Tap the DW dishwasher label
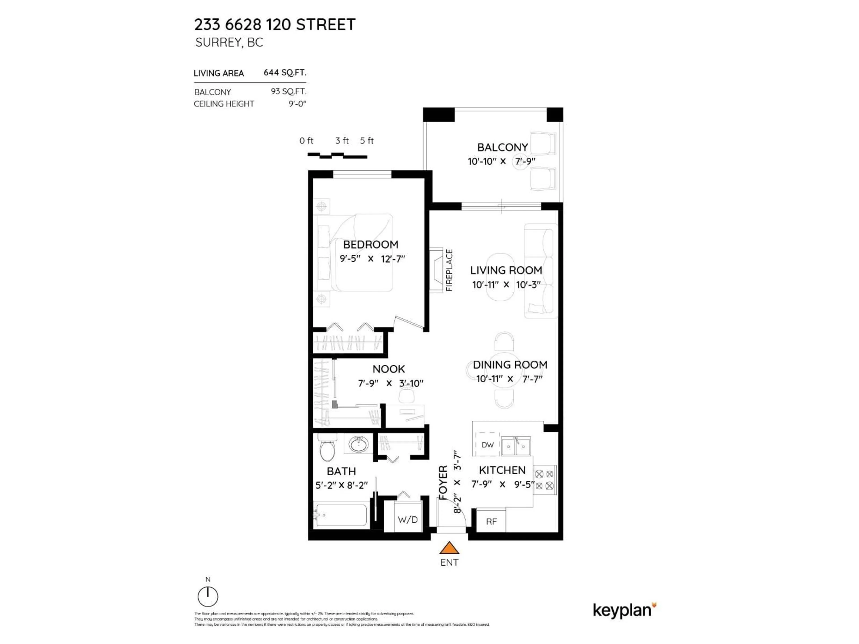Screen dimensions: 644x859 coord(487,445)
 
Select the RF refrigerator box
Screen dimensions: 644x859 coord(491,521)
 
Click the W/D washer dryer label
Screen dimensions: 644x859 coord(408,519)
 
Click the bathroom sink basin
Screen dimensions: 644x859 coord(358,444)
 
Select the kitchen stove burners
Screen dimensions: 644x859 coord(544,480)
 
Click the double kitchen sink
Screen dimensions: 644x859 coord(516,446)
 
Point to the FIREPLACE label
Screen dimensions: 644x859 coord(449,270)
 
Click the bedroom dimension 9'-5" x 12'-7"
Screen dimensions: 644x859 coord(372,258)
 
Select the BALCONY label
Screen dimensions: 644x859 coord(502,148)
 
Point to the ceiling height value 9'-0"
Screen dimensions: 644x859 coord(297,104)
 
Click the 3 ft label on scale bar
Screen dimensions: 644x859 coord(342,140)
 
